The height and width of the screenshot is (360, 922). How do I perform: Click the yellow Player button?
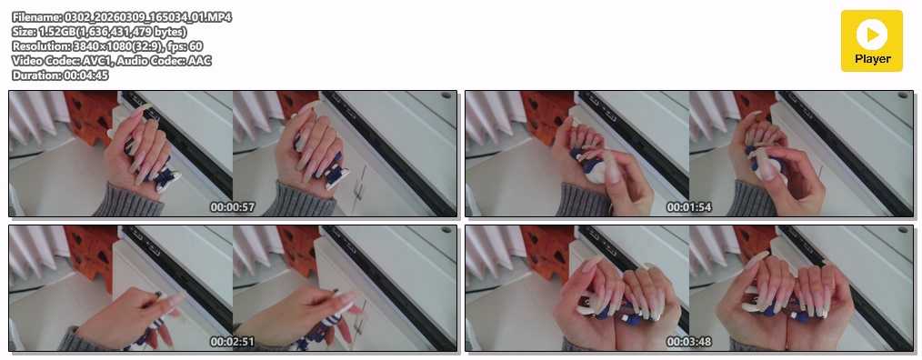(x=871, y=41)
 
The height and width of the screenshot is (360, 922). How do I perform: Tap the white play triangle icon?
(x=873, y=35)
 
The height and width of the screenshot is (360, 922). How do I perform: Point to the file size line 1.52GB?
(x=99, y=32)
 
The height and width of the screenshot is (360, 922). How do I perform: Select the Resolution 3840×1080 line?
(x=107, y=45)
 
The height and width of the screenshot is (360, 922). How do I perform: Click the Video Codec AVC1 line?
(x=112, y=61)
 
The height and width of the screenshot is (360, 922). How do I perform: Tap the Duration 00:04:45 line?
(x=60, y=75)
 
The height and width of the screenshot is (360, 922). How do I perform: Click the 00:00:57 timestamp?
(x=233, y=207)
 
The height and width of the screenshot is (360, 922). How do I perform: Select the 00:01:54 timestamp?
(x=689, y=207)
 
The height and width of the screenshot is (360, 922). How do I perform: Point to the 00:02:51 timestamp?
(x=233, y=342)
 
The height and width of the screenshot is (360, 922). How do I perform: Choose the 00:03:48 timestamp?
(x=689, y=342)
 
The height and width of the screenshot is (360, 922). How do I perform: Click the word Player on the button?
(x=873, y=59)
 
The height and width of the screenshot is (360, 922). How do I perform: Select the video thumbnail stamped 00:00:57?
(x=233, y=154)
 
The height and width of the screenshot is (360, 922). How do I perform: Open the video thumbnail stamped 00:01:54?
(x=689, y=154)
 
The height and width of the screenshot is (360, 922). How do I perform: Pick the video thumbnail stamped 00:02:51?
(x=233, y=288)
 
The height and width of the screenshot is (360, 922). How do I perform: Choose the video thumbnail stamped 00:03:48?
(x=689, y=288)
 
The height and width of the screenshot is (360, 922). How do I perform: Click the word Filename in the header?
(x=35, y=17)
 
